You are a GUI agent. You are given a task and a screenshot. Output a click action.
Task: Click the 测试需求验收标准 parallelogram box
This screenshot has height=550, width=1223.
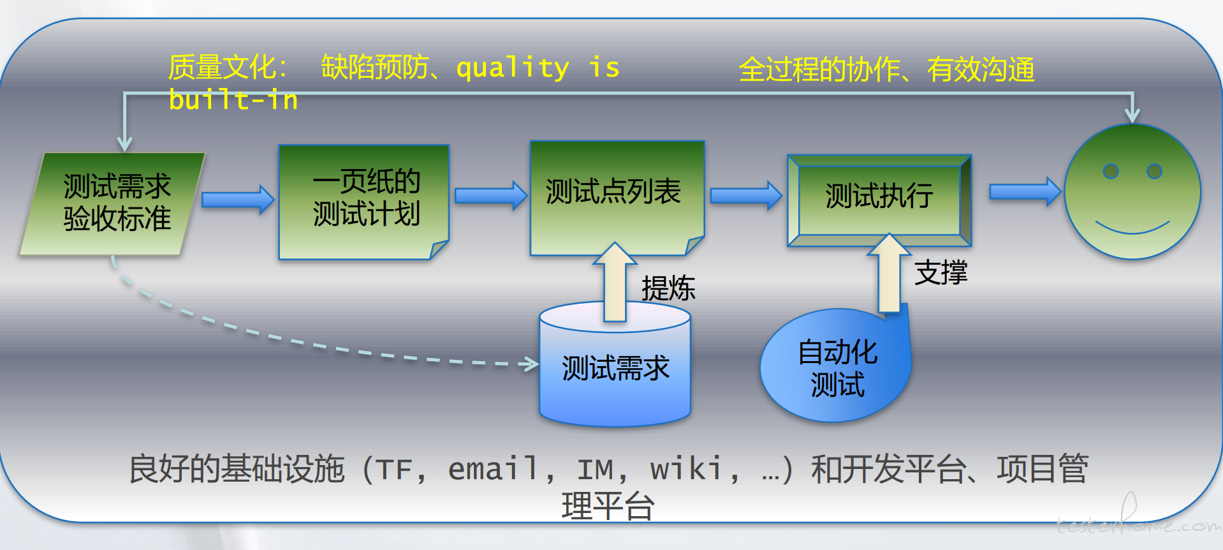pos(112,204)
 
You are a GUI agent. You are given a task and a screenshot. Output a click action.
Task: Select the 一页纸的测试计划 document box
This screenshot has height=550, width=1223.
pos(364,202)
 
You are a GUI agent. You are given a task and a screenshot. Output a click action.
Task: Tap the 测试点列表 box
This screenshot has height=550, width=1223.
pos(617,198)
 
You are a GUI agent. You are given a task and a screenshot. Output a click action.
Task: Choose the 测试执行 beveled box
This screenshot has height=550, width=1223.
pos(879,200)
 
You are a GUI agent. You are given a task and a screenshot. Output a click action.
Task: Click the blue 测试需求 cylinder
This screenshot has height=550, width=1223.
pos(615,364)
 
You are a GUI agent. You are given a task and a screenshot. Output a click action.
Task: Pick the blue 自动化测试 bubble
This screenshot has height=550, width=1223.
pos(835,366)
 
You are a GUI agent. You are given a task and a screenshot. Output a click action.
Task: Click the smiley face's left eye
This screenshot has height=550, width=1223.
pos(1111,171)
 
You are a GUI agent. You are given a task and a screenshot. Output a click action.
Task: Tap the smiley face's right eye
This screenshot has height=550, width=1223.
pos(1154,171)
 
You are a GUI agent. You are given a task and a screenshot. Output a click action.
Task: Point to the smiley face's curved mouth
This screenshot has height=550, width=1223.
pos(1132,231)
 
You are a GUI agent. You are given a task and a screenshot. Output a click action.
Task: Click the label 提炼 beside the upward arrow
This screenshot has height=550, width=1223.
pos(668,288)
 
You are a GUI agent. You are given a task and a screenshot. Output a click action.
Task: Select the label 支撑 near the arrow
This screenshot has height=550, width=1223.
pos(941,272)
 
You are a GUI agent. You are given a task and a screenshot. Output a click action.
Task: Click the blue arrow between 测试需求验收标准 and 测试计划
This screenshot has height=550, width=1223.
pos(238,200)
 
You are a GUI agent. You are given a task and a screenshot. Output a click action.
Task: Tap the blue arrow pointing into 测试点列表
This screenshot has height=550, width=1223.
pos(491,195)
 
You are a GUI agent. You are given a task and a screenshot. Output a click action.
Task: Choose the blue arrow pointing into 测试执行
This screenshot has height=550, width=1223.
pos(746,195)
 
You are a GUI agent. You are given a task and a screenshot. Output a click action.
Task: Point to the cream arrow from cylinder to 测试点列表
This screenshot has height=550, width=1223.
pos(615,282)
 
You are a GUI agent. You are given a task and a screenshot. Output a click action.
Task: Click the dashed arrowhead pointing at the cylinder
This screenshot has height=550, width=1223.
pos(529,364)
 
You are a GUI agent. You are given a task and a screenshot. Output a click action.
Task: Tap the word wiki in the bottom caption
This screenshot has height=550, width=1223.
pos(686,470)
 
